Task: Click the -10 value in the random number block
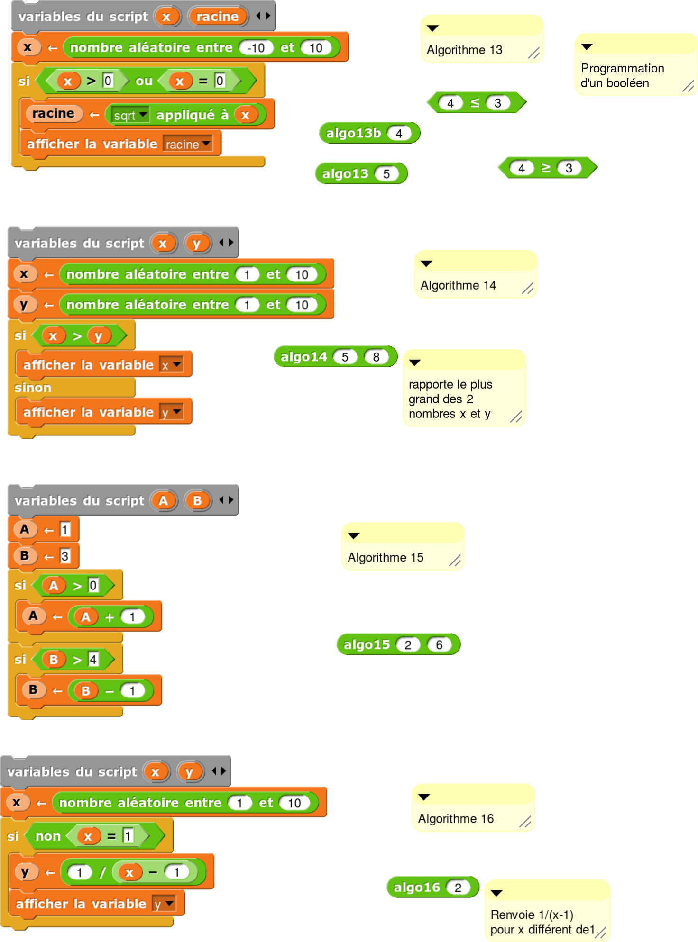[256, 48]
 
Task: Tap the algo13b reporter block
[353, 133]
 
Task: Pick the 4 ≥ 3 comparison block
[546, 168]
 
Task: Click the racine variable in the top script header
[217, 17]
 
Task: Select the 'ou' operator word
[144, 81]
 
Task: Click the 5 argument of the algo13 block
[386, 174]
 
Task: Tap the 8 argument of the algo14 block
[376, 357]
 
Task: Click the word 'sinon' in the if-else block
[33, 388]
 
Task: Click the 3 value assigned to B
[65, 556]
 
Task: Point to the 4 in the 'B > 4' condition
[93, 659]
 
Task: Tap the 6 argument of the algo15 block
[439, 645]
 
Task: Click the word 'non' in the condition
[48, 836]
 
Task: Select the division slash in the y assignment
[102, 872]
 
